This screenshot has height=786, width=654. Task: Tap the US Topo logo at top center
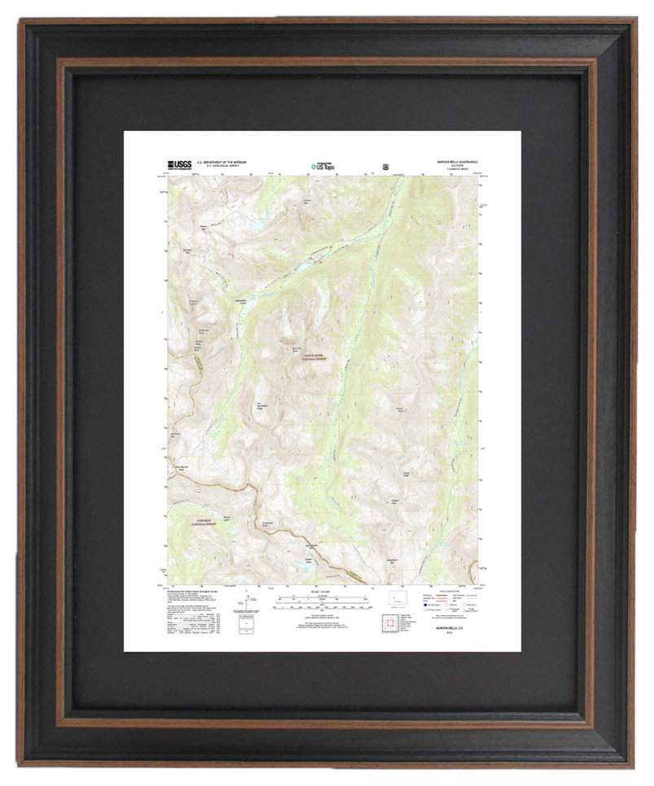pyautogui.click(x=322, y=166)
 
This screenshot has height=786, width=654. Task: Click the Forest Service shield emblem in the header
pyautogui.click(x=385, y=166)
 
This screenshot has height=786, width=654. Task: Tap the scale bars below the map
pyautogui.click(x=323, y=604)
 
